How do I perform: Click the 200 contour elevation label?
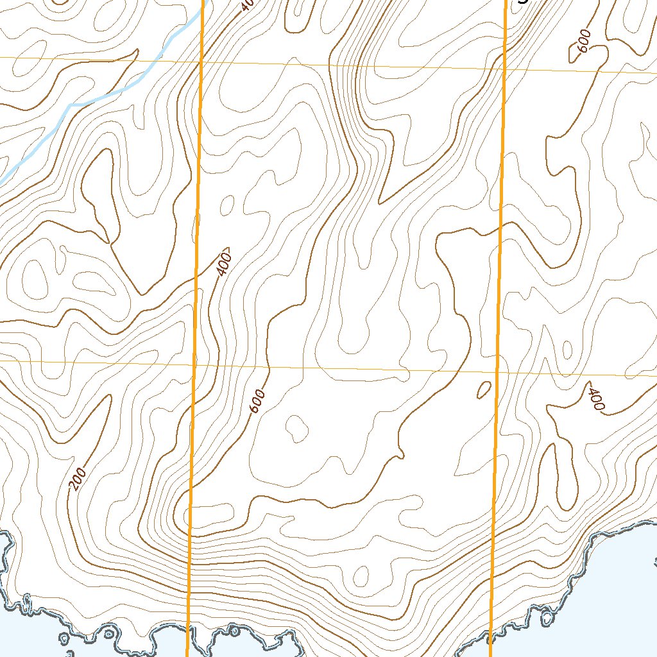[x=78, y=479]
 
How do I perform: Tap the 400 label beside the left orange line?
[x=223, y=263]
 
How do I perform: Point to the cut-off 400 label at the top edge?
[x=248, y=5]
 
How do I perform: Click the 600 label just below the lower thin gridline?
[x=257, y=402]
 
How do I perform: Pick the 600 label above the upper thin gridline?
[x=583, y=42]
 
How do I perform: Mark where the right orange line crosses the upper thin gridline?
[x=504, y=69]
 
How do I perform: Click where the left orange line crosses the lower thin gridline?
[x=194, y=365]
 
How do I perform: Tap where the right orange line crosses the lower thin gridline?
[x=497, y=372]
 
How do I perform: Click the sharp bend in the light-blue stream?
[x=70, y=104]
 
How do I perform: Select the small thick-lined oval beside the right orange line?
[x=484, y=389]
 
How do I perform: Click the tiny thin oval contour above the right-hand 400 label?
[x=567, y=350]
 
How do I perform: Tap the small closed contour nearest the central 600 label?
[x=296, y=427]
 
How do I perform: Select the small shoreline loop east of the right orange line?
[x=547, y=618]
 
